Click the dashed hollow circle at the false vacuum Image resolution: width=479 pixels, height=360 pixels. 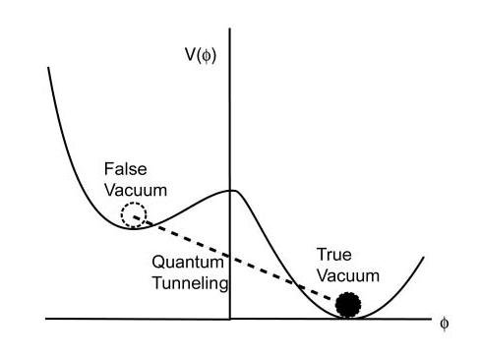(x=134, y=214)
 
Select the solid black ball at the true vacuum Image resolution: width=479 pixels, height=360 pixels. (x=347, y=305)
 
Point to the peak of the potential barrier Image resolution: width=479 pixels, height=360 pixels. (x=230, y=190)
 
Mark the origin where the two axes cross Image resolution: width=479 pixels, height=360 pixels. (x=230, y=319)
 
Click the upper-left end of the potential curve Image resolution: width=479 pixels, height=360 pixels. (x=47, y=67)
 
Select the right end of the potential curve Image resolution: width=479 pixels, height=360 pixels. (x=422, y=259)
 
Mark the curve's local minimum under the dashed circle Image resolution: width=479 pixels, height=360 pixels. (x=136, y=226)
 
